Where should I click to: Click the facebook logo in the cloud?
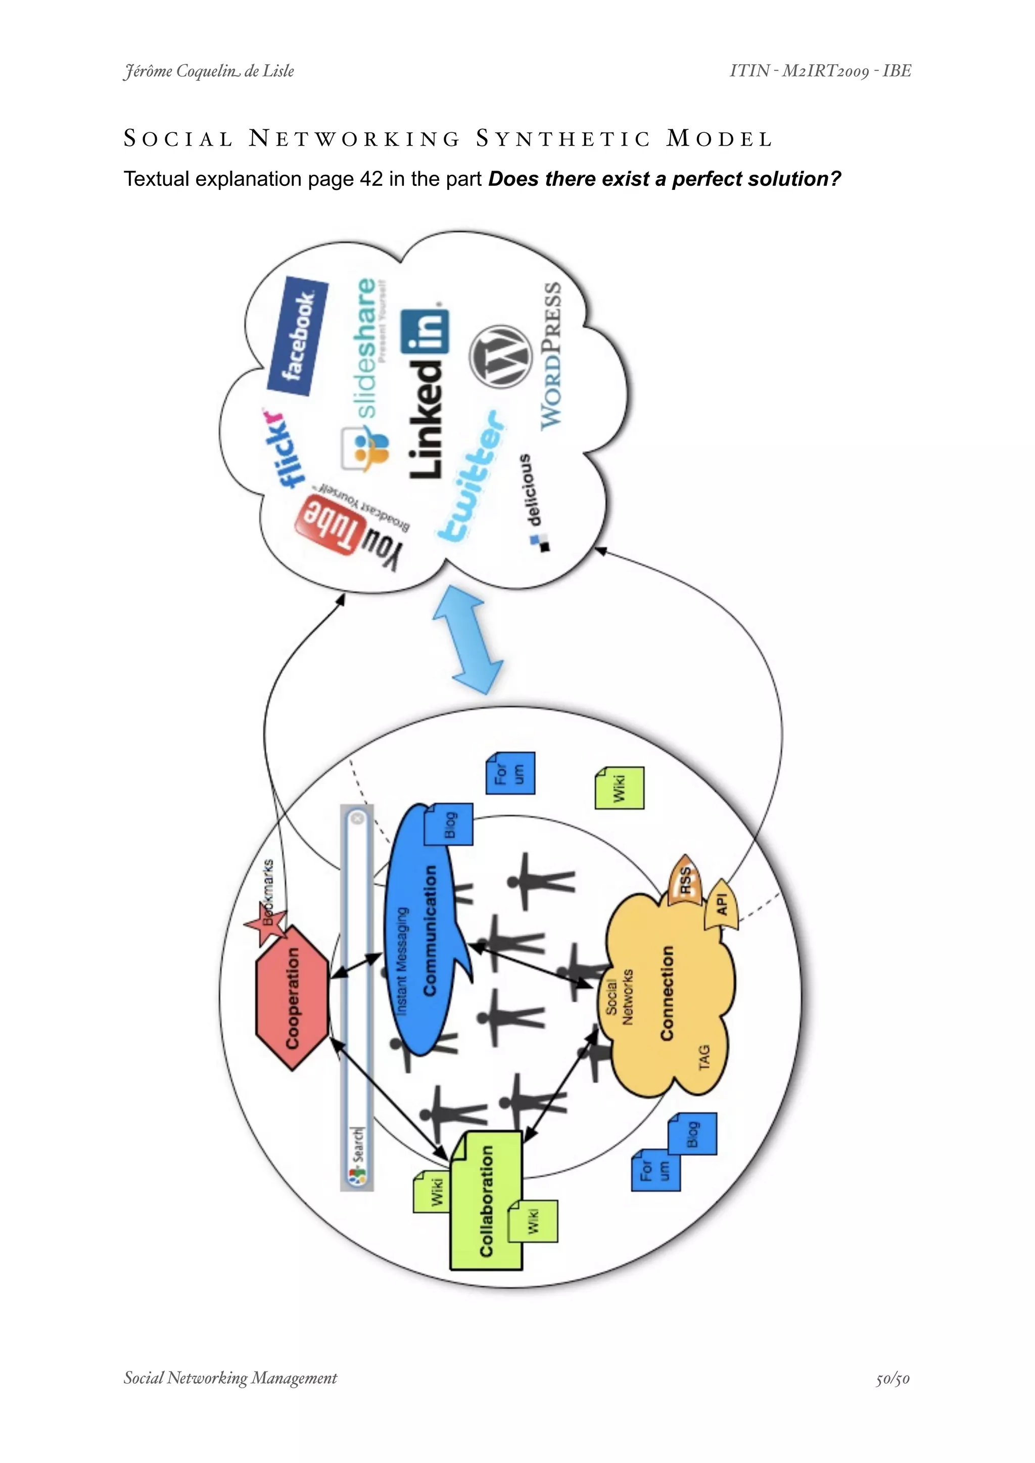pyautogui.click(x=298, y=336)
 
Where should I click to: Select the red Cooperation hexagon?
pyautogui.click(x=293, y=998)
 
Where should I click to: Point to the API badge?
pyautogui.click(x=722, y=905)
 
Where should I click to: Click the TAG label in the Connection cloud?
pyautogui.click(x=703, y=1057)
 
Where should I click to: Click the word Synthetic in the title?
pyautogui.click(x=563, y=139)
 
